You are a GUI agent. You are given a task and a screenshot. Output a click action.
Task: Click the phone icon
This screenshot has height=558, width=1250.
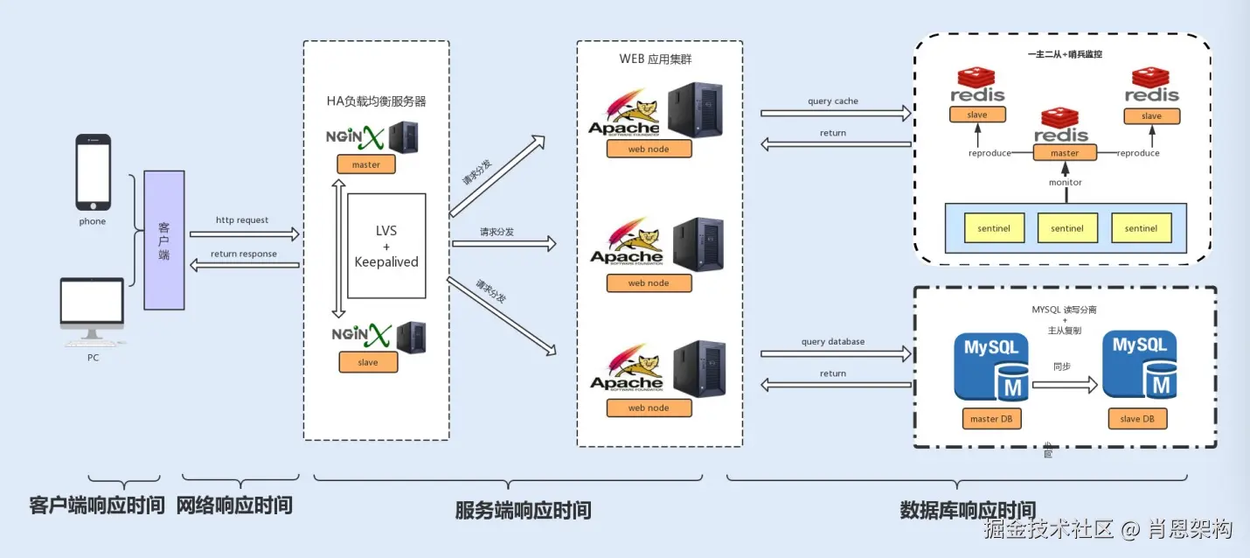click(x=94, y=172)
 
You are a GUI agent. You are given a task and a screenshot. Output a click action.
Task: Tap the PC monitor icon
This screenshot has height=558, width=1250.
click(x=92, y=306)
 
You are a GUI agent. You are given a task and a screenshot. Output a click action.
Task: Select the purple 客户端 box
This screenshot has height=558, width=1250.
click(x=164, y=240)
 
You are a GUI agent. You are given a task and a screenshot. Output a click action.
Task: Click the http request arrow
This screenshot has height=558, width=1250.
click(x=243, y=234)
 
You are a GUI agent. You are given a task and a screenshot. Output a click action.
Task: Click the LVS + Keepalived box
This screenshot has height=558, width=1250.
click(x=386, y=246)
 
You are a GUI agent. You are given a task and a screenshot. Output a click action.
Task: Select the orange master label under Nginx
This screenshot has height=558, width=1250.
click(x=365, y=164)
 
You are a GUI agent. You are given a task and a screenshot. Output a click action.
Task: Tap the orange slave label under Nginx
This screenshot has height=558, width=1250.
click(x=368, y=362)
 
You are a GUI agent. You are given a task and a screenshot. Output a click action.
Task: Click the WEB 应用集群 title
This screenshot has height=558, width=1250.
click(x=656, y=59)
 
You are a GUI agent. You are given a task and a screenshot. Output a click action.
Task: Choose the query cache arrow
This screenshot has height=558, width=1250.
click(x=834, y=113)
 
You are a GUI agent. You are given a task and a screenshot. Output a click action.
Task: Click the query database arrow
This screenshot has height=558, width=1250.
click(x=834, y=353)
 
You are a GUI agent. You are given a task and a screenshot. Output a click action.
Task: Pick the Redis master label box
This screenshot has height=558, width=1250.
click(x=1064, y=153)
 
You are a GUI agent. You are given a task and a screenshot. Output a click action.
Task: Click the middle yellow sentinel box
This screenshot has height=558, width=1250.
click(x=1067, y=228)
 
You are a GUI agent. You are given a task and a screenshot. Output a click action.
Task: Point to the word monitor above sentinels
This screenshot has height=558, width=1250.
click(x=1065, y=183)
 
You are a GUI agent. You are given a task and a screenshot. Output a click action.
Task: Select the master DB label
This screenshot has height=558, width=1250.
click(x=990, y=419)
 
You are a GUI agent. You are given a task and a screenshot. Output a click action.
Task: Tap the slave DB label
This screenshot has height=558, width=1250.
click(x=1137, y=419)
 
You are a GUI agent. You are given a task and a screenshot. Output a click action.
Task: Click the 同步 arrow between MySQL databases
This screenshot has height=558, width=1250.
click(x=1063, y=383)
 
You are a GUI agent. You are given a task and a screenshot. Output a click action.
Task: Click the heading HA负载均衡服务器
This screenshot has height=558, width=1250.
click(x=376, y=101)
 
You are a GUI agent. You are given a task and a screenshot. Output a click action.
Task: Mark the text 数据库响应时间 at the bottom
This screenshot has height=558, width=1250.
click(x=968, y=510)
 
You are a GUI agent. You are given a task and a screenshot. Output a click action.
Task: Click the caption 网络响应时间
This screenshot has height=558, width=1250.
click(x=234, y=506)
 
